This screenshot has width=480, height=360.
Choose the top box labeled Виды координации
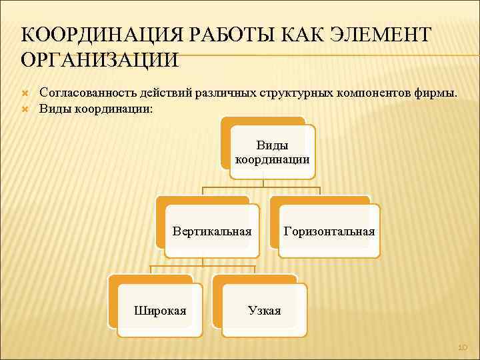coord(271,152)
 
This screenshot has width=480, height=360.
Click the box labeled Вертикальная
coord(212,231)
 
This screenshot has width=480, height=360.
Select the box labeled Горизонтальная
coord(329,231)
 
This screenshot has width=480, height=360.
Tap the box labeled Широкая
coord(160,310)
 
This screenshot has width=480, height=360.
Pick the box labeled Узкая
coord(265,310)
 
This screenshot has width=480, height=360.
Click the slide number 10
coord(463,347)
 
